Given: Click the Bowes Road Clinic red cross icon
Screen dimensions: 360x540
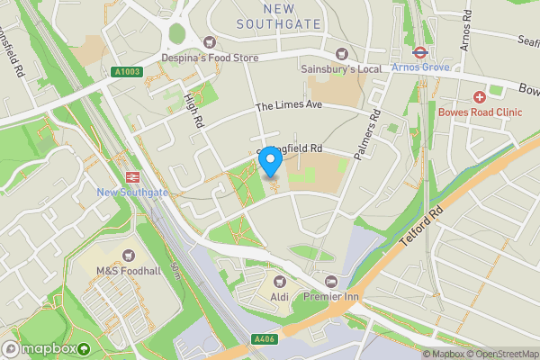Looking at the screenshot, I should coord(480,96).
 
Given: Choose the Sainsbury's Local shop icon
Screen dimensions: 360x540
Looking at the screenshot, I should coord(342,53).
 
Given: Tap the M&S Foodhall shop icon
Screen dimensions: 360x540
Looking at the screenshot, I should coord(127,255).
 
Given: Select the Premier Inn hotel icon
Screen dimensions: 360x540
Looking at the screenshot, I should coord(330,282).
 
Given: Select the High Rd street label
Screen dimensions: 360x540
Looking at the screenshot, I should coord(193,109).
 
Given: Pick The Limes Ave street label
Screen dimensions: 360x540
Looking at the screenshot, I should coord(288,106).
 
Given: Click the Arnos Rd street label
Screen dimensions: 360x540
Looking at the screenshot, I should coord(465,32).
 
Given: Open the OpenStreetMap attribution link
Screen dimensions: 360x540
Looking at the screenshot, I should coord(502,354).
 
